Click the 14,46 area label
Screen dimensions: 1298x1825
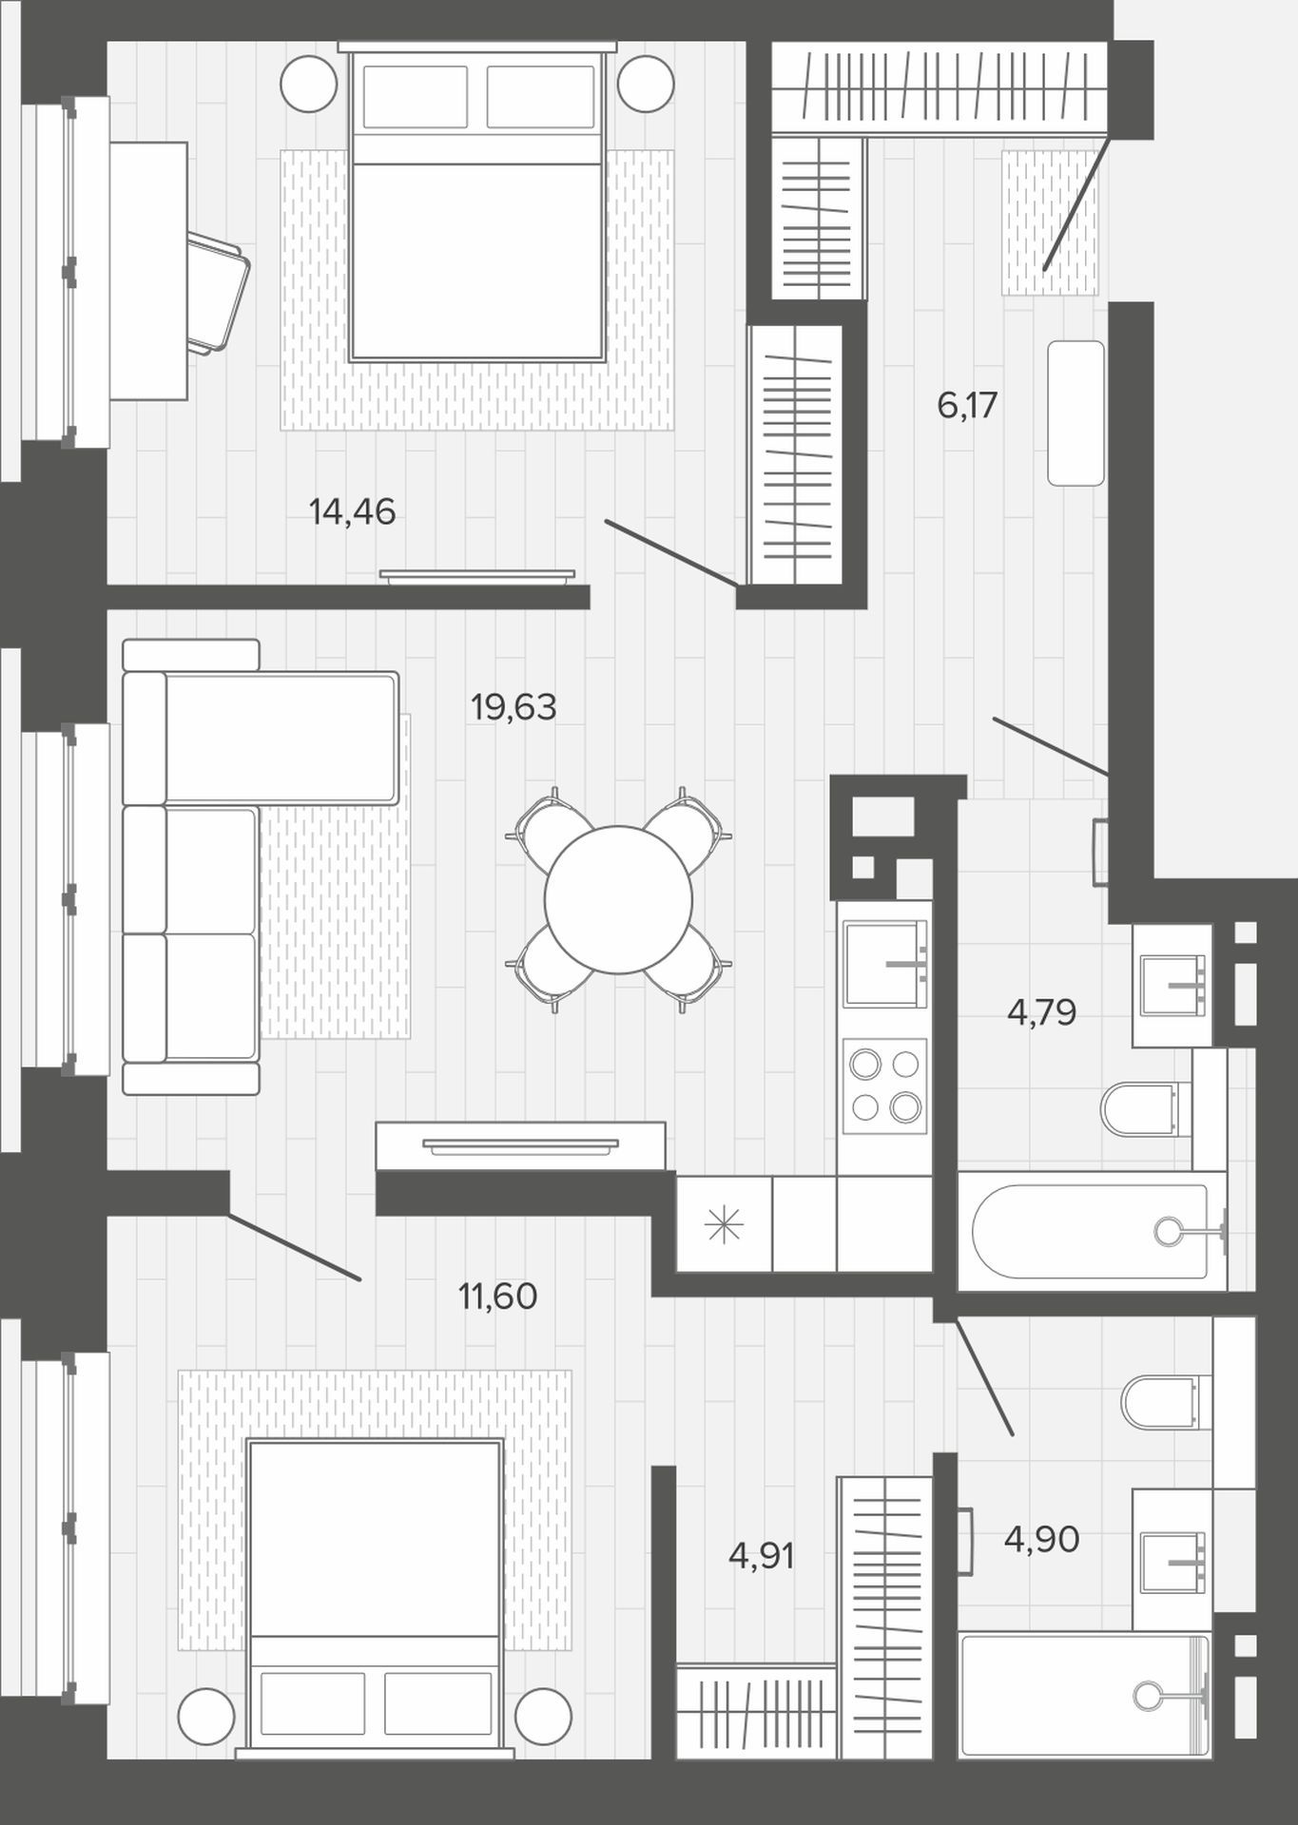click(352, 512)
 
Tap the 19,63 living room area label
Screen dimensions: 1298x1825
click(513, 707)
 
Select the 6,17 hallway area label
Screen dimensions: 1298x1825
click(967, 406)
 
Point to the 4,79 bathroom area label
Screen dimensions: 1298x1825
click(1041, 1013)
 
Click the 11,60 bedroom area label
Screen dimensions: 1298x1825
click(498, 1296)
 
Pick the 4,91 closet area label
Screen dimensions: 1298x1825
click(761, 1556)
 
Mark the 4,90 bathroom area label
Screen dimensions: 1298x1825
click(1041, 1539)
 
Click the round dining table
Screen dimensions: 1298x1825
click(618, 899)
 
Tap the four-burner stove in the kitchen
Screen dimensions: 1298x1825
click(884, 1085)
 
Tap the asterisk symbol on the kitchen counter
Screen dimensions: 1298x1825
click(724, 1225)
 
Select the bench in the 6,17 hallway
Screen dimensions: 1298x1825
click(1076, 413)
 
